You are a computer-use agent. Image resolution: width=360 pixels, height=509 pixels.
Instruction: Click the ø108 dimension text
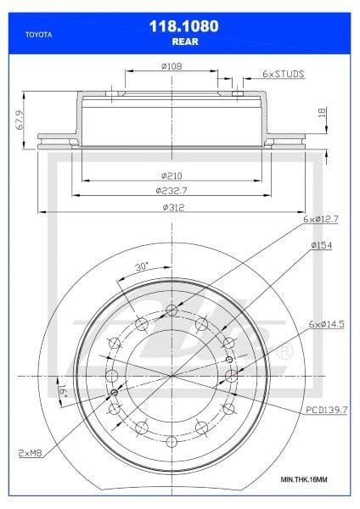point(172,65)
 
